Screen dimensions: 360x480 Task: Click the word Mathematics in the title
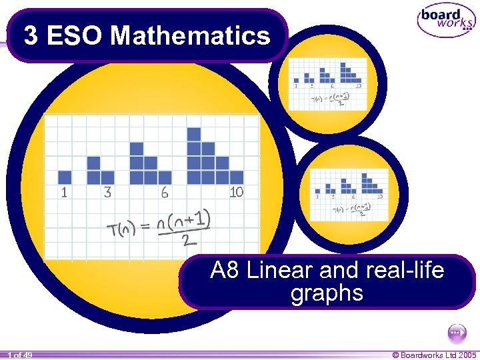[191, 35]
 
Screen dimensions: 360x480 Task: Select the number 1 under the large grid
[64, 193]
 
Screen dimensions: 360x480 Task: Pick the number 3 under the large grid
[107, 193]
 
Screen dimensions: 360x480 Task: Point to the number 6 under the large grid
[164, 193]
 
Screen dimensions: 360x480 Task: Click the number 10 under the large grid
[236, 193]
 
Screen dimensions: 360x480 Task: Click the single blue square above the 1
[65, 177]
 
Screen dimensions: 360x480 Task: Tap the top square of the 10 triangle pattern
[194, 135]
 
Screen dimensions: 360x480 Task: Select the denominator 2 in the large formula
[189, 238]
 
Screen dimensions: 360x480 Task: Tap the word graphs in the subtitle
[327, 293]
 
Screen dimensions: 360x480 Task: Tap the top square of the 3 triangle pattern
[93, 163]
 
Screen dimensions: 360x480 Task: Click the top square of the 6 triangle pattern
[136, 149]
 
